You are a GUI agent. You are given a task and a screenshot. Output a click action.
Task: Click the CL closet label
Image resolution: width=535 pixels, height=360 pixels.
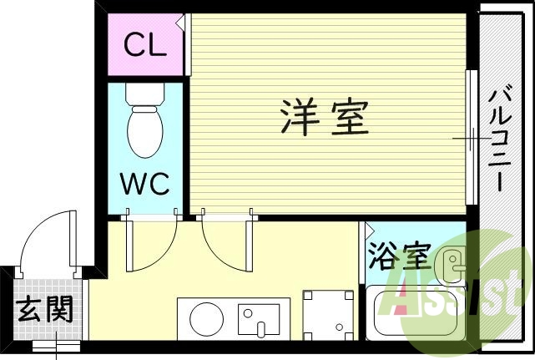[x=145, y=45]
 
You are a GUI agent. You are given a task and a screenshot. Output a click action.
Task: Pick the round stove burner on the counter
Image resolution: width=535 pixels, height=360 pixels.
[x=205, y=318]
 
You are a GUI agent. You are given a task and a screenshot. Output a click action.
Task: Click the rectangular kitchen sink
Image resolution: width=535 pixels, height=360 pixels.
[x=259, y=319]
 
